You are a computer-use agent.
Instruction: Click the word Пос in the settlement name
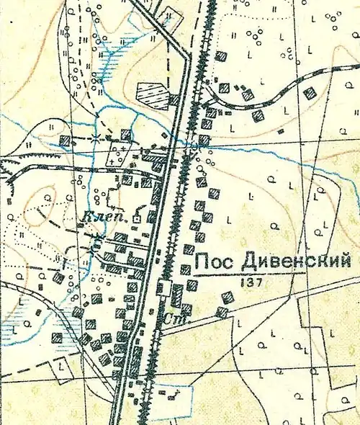click(x=213, y=261)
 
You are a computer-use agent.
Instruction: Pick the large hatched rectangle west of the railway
click(x=150, y=93)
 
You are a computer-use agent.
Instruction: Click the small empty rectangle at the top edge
click(x=171, y=15)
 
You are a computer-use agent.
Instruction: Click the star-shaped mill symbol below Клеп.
click(x=99, y=237)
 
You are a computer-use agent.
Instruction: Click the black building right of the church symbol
click(x=152, y=215)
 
